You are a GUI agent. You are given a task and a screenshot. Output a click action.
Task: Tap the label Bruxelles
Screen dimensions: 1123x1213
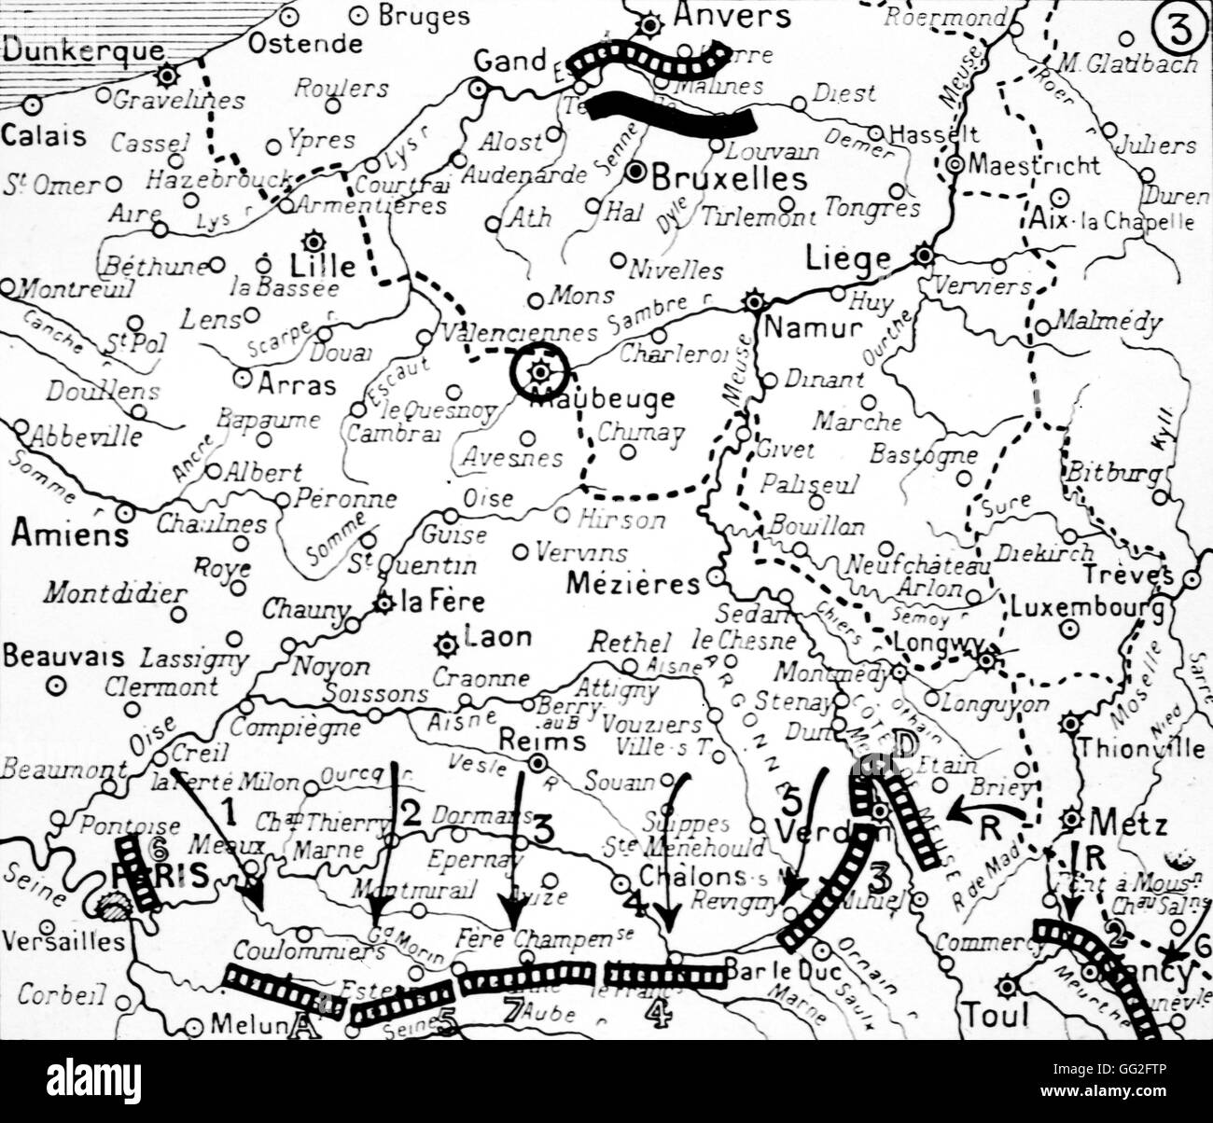point(728,176)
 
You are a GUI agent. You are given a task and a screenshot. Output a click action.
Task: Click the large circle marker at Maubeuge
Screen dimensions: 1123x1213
point(539,373)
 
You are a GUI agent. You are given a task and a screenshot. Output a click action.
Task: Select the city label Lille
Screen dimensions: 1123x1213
point(324,266)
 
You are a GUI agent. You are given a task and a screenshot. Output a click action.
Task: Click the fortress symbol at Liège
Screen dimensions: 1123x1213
point(923,255)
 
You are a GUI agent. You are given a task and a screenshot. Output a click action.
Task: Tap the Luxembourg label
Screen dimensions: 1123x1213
point(1087,609)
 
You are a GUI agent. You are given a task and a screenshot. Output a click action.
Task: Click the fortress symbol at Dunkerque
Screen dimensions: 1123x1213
point(167,75)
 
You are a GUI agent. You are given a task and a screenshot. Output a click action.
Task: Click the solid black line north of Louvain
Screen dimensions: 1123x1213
point(672,114)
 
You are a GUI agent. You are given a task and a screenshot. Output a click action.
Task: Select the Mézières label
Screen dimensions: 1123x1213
point(633,584)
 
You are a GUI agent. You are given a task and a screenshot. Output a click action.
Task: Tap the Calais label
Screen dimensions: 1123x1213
point(44,135)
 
